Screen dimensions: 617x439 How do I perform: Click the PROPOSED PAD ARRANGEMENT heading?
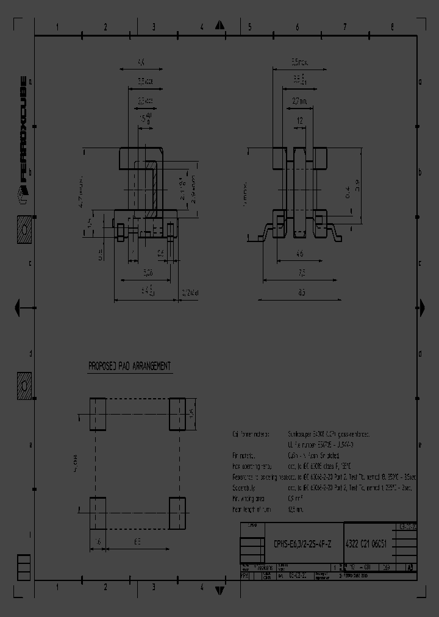click(129, 366)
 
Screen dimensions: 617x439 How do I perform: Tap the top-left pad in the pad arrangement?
click(98, 415)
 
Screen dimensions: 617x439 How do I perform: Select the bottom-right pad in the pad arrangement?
click(177, 513)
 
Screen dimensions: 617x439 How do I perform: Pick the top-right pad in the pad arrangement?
click(177, 415)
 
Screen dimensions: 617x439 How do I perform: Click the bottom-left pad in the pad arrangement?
click(98, 513)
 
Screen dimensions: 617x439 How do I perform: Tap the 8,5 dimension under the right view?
click(301, 293)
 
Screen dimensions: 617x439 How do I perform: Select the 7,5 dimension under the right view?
click(301, 273)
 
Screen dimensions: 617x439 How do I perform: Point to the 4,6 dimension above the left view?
click(140, 62)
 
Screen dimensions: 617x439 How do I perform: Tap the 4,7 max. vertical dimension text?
click(80, 190)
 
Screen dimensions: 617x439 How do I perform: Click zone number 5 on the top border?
click(249, 27)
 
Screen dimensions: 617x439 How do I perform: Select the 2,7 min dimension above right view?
click(299, 101)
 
